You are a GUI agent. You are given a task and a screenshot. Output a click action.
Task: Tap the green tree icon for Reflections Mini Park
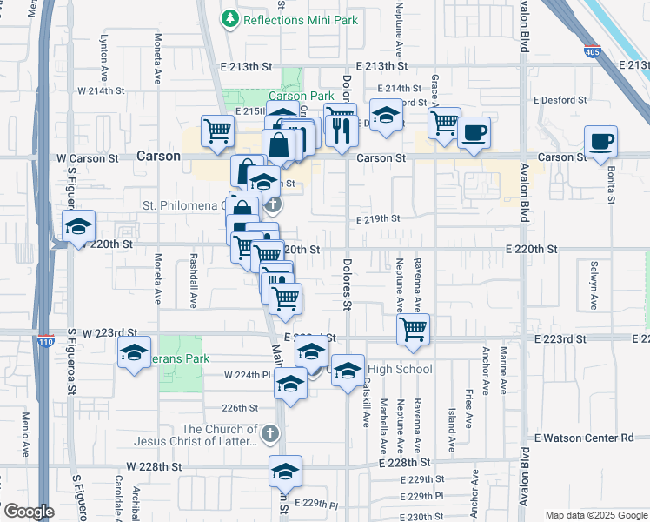(229, 18)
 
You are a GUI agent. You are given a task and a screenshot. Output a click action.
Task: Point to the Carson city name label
(158, 157)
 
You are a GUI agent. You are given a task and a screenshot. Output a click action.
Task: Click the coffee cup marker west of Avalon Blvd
(474, 133)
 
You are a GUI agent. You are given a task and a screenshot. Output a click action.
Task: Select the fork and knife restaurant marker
(342, 129)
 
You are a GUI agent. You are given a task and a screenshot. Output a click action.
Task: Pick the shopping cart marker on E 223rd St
(414, 330)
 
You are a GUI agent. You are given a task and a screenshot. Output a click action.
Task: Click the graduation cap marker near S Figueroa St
(79, 226)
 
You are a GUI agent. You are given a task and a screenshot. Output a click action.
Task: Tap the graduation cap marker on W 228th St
(285, 472)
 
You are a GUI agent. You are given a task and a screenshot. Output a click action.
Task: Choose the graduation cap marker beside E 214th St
(386, 115)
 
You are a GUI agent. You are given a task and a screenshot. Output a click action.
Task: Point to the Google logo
(28, 512)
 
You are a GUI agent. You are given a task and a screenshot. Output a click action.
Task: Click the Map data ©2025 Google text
(595, 515)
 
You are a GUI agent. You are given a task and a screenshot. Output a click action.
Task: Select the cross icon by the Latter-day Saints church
(270, 432)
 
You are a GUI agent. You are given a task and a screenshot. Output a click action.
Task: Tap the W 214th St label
(101, 90)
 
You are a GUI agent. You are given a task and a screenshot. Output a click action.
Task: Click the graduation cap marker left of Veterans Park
(135, 352)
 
